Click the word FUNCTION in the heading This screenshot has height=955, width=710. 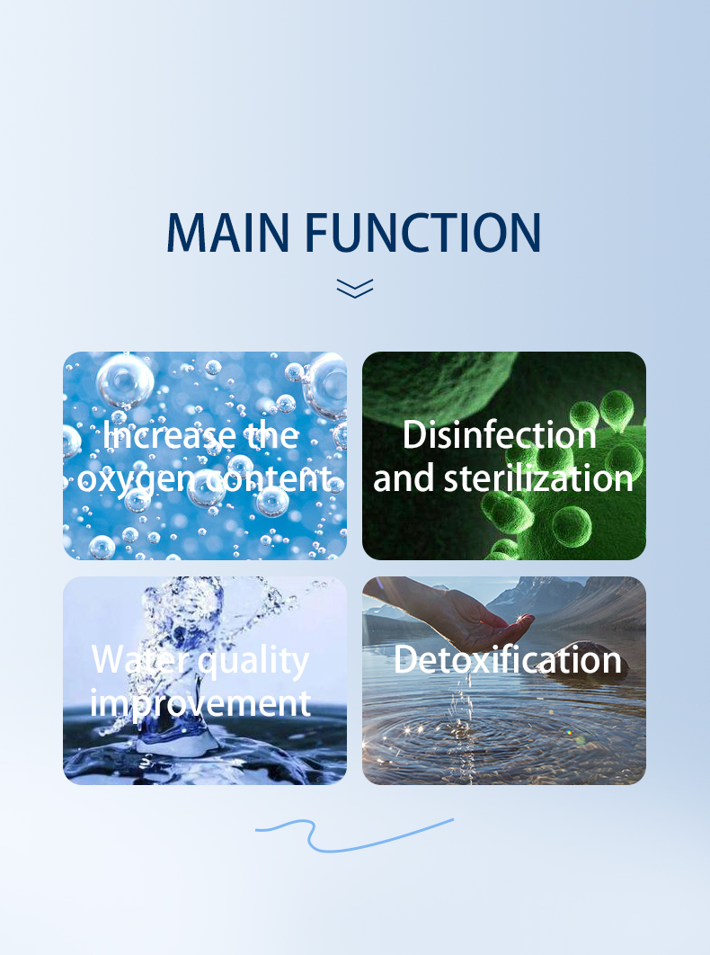click(422, 232)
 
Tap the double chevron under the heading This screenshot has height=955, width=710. click(355, 289)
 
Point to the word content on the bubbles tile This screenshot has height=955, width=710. click(267, 478)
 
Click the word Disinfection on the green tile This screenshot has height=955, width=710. click(500, 435)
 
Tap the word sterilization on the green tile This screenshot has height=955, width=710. click(538, 477)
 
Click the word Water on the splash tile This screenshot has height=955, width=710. click(140, 660)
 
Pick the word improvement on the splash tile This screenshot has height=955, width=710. click(200, 704)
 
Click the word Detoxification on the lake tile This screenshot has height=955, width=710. click(507, 660)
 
